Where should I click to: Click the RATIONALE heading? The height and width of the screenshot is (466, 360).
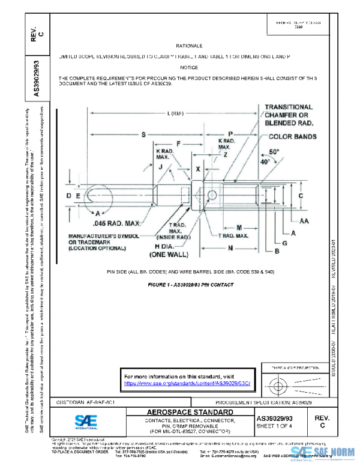click(189, 46)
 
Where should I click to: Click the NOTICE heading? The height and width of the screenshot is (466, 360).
click(189, 67)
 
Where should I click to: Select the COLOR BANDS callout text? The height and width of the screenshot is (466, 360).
click(289, 137)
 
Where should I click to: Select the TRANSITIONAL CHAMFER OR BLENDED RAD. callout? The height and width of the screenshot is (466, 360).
click(289, 115)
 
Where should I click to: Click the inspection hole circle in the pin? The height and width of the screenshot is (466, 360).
click(212, 195)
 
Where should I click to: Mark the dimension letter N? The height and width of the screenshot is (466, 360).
click(230, 247)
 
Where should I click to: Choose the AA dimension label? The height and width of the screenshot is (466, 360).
click(304, 221)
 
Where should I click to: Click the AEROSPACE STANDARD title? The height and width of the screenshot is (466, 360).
click(190, 413)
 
